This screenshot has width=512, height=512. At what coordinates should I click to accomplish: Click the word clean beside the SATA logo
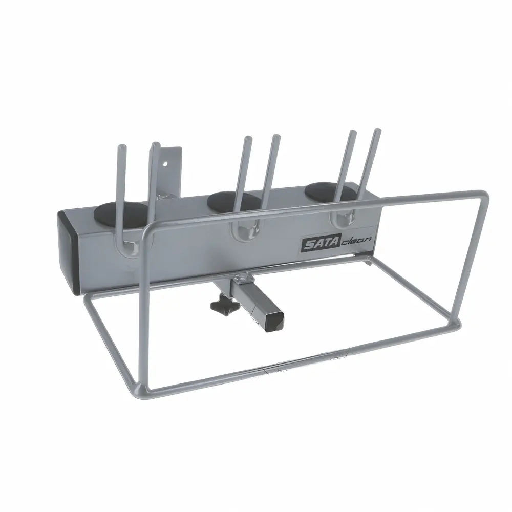(356, 241)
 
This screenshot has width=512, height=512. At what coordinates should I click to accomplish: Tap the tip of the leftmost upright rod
(120, 146)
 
